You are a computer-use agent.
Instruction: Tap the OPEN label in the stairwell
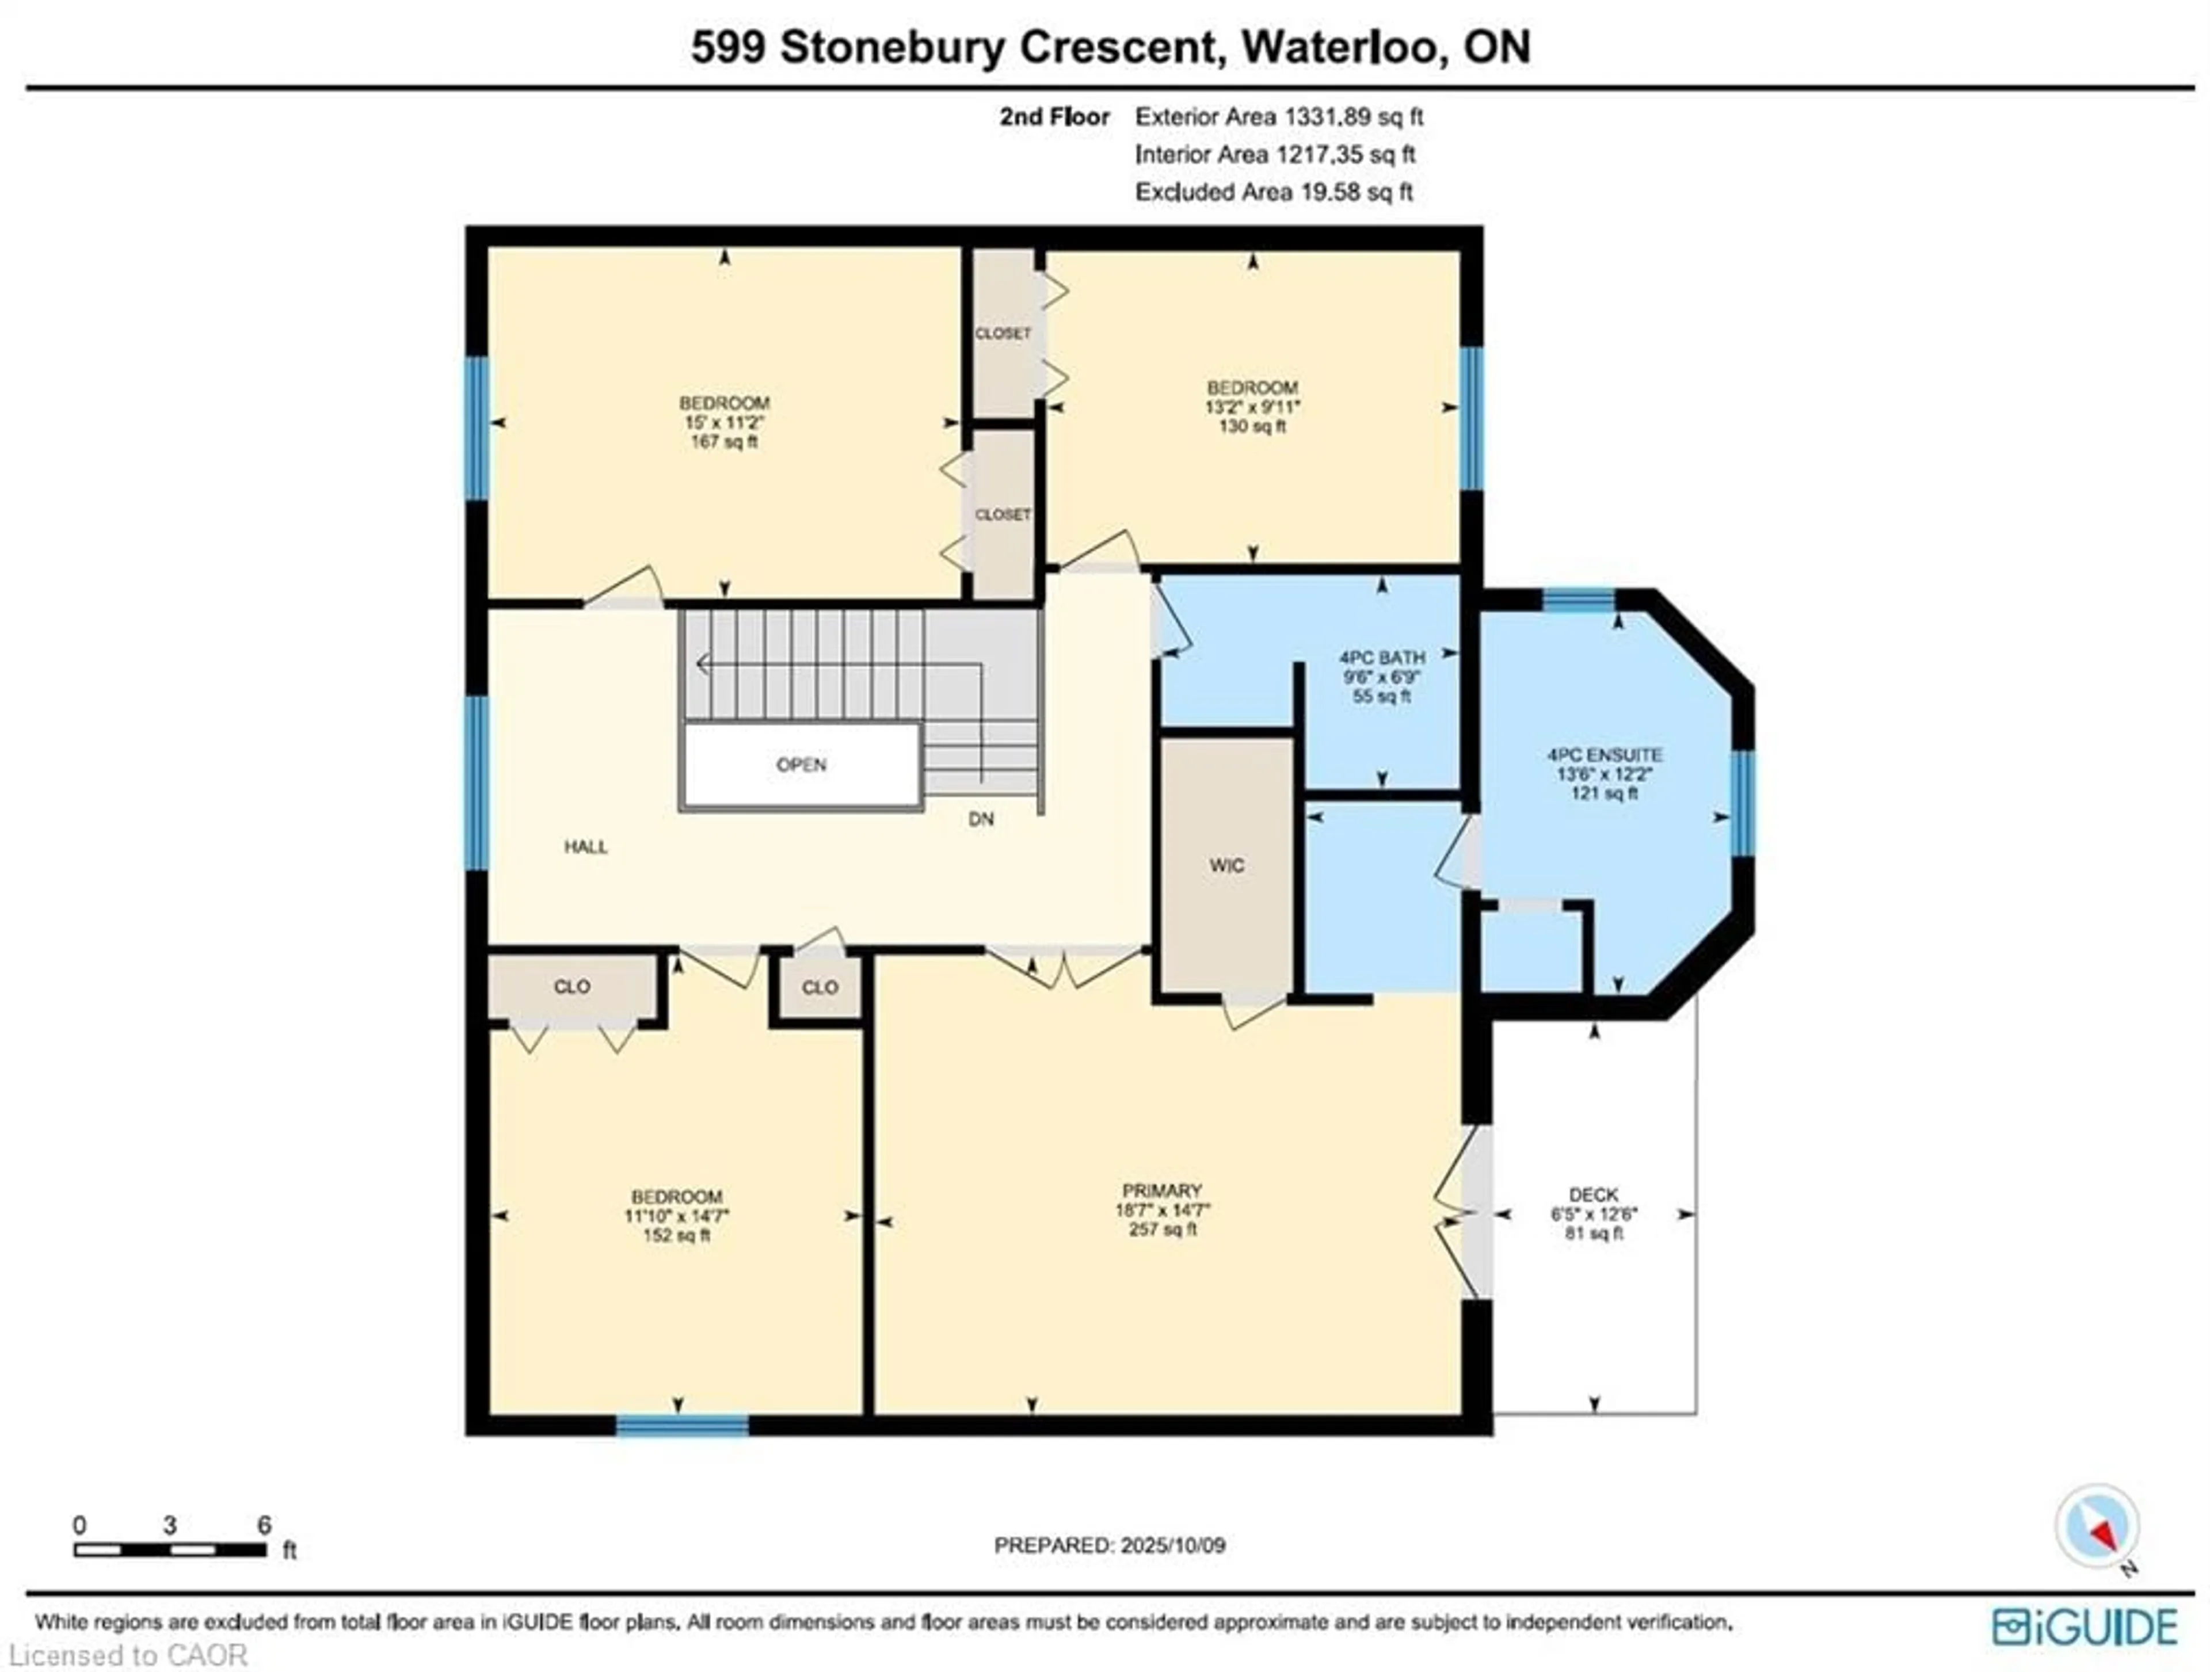coord(801,765)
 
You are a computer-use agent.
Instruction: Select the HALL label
coord(585,847)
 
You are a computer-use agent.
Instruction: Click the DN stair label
coord(981,819)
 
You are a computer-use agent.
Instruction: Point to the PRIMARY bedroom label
coord(1161,1190)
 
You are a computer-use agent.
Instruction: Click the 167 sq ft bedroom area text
coord(725,441)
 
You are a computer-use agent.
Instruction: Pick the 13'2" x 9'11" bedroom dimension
coord(1252,407)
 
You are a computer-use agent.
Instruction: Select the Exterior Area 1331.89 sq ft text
coord(1279,117)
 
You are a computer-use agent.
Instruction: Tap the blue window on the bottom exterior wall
coord(683,1425)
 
